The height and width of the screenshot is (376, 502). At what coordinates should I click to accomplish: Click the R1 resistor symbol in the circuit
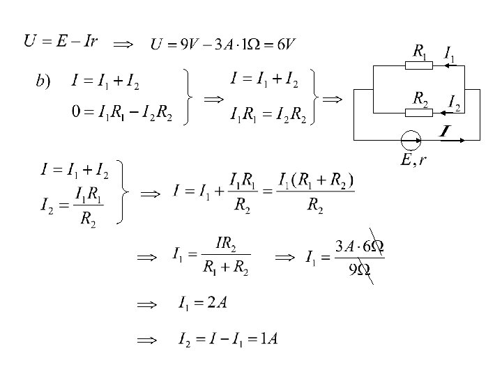418,66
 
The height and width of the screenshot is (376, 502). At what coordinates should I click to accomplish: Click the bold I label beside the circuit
443,131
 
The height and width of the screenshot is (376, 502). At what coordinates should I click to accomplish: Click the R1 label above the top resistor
420,51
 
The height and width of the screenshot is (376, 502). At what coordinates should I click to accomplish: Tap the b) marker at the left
43,82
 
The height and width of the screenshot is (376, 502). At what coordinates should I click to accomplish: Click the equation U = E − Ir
61,41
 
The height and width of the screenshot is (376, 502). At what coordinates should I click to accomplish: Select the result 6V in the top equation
286,45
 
